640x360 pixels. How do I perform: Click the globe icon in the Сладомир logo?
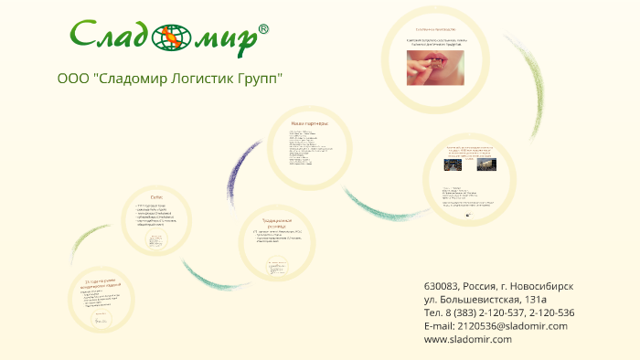pyautogui.click(x=170, y=39)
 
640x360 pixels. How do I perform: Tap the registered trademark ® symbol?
pyautogui.click(x=263, y=29)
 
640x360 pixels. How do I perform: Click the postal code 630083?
pyautogui.click(x=443, y=286)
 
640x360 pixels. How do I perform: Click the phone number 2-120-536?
pyautogui.click(x=554, y=312)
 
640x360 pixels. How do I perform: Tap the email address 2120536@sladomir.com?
pyautogui.click(x=510, y=325)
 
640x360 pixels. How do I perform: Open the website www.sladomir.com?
pyautogui.click(x=468, y=339)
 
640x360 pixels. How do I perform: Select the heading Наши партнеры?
pyautogui.click(x=309, y=123)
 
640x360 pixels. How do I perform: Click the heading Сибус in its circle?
pyautogui.click(x=157, y=197)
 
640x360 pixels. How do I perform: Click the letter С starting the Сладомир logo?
pyautogui.click(x=85, y=37)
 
